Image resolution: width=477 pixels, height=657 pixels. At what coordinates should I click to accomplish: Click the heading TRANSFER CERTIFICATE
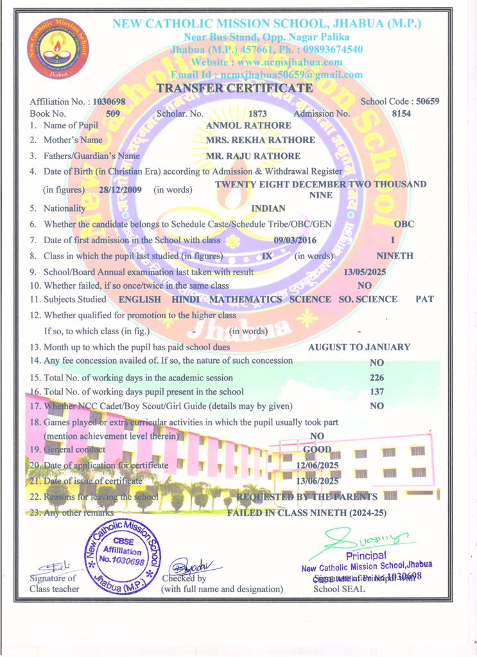coord(235,88)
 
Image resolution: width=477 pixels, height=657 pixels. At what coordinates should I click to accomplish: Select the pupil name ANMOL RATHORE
coord(240,126)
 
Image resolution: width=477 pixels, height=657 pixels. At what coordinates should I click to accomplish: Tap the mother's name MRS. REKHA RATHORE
coord(260,140)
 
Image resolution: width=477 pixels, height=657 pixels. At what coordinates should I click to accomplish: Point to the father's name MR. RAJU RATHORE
coord(253,156)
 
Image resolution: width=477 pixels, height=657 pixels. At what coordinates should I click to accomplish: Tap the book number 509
coord(113,114)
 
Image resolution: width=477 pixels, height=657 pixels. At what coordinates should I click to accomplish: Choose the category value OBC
coord(404,224)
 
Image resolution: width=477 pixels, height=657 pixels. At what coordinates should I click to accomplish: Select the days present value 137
coord(377,391)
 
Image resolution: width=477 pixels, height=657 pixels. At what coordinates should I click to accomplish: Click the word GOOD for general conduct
coord(317,449)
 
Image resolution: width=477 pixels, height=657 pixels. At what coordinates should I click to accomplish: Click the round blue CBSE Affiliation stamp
coord(123,553)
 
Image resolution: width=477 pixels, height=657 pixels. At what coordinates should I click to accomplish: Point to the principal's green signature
coord(359,535)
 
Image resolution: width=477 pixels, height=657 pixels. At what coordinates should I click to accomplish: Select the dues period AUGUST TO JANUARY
coord(360,347)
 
